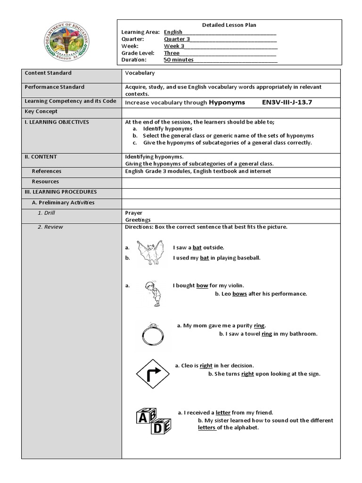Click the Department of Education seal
point(66,42)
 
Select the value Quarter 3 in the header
point(174,39)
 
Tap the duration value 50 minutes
point(179,60)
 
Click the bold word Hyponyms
point(227,102)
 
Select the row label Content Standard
point(48,73)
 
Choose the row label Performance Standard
point(54,87)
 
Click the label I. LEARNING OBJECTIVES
point(57,122)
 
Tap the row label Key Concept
point(41,112)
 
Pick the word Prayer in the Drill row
point(133,213)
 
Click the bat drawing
point(150,253)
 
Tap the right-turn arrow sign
point(152,374)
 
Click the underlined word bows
point(239,294)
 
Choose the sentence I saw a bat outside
point(198,248)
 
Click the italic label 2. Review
point(50,227)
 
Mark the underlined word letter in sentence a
point(223,413)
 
